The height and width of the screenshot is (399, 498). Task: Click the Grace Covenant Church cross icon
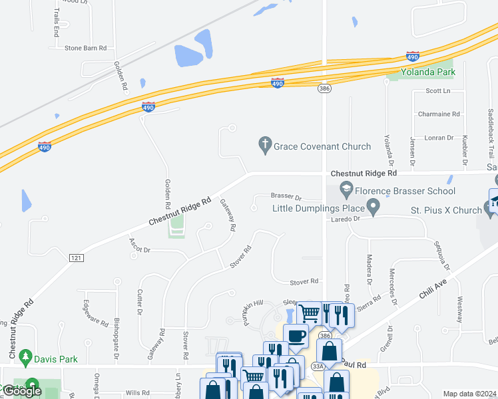265,145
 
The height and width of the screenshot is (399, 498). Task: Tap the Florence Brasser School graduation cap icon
346,191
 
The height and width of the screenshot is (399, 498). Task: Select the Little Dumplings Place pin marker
373,208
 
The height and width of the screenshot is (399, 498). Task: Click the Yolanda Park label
427,72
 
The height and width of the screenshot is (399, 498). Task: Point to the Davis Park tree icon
25,358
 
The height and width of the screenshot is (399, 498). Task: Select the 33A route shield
317,366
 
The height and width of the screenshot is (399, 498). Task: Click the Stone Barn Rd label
86,49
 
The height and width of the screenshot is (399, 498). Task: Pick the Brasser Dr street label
286,198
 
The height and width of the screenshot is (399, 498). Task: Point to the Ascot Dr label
140,249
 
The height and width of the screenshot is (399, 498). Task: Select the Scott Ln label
438,90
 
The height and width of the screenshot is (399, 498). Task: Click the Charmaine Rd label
439,114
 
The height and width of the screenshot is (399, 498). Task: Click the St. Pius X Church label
445,211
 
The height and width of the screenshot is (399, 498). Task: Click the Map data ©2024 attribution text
469,394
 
